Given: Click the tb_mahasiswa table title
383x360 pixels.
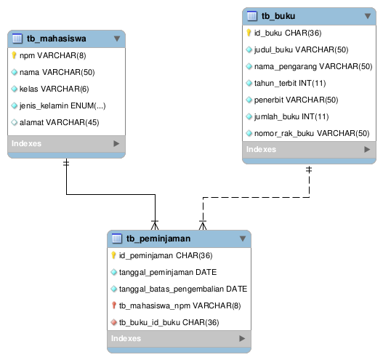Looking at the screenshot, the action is (57, 39).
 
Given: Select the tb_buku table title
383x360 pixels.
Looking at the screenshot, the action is (278, 16).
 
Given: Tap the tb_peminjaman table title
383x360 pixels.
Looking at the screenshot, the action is (158, 239).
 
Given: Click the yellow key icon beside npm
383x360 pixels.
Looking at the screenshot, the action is (14, 55).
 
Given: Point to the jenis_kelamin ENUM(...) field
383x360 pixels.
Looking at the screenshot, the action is (63, 105).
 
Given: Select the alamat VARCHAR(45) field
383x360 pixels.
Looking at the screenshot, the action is (60, 122).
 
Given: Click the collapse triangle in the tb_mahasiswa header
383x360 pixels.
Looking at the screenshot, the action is (117, 39).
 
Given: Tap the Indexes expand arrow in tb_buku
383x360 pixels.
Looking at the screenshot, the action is (367, 149).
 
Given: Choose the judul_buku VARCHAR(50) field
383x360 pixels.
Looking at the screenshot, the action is (301, 49).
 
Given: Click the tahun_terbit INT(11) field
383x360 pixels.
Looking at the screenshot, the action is (290, 83).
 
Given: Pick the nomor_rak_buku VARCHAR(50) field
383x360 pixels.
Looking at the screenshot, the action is (312, 133).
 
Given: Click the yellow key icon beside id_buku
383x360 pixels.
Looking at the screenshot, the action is (249, 33).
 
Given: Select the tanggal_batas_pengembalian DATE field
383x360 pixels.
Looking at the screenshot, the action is (183, 289).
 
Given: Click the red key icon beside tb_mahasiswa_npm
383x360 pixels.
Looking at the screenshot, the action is (113, 305).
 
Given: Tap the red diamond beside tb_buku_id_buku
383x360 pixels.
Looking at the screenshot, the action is (114, 322).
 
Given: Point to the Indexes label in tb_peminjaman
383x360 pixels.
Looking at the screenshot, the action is (126, 338).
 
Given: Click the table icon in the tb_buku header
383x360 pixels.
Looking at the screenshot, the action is (252, 16).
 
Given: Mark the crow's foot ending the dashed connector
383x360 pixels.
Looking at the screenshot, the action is (203, 225).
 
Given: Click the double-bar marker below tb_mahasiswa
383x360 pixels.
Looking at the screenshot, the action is (66, 163).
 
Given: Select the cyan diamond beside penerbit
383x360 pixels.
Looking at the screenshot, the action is (249, 100).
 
